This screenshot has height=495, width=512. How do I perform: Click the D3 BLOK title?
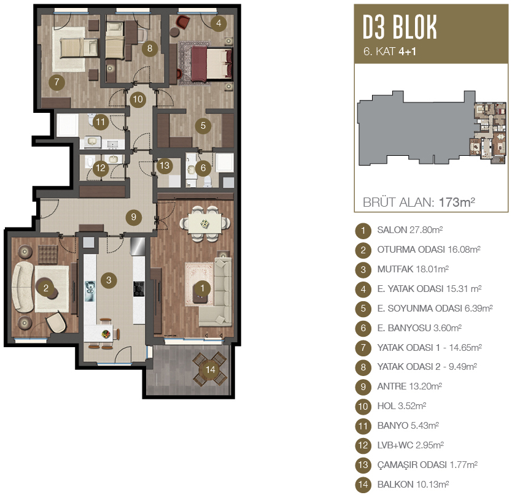(400, 28)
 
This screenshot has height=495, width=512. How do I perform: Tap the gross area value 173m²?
(457, 202)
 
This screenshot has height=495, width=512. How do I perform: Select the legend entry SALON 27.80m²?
(410, 230)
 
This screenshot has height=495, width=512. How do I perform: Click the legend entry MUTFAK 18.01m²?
(413, 269)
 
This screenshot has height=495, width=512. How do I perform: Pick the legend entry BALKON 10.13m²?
(413, 485)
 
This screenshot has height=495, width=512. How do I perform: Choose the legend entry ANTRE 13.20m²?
(409, 386)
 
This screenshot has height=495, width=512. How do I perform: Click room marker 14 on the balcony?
(211, 369)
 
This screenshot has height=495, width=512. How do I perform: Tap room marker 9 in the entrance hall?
(134, 217)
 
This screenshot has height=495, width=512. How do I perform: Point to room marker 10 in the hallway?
(138, 99)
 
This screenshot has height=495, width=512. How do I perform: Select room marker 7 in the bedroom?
(57, 82)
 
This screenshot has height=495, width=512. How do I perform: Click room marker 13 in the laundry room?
(165, 166)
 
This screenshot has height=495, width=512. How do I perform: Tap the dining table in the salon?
(204, 224)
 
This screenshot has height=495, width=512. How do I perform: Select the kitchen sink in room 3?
(90, 291)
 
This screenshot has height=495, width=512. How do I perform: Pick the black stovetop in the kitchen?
(139, 289)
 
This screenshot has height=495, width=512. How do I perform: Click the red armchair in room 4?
(182, 22)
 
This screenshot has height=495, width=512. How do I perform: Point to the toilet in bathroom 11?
(91, 120)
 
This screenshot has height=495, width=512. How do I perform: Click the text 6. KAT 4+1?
(390, 52)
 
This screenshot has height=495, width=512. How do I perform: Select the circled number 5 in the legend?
(363, 309)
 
